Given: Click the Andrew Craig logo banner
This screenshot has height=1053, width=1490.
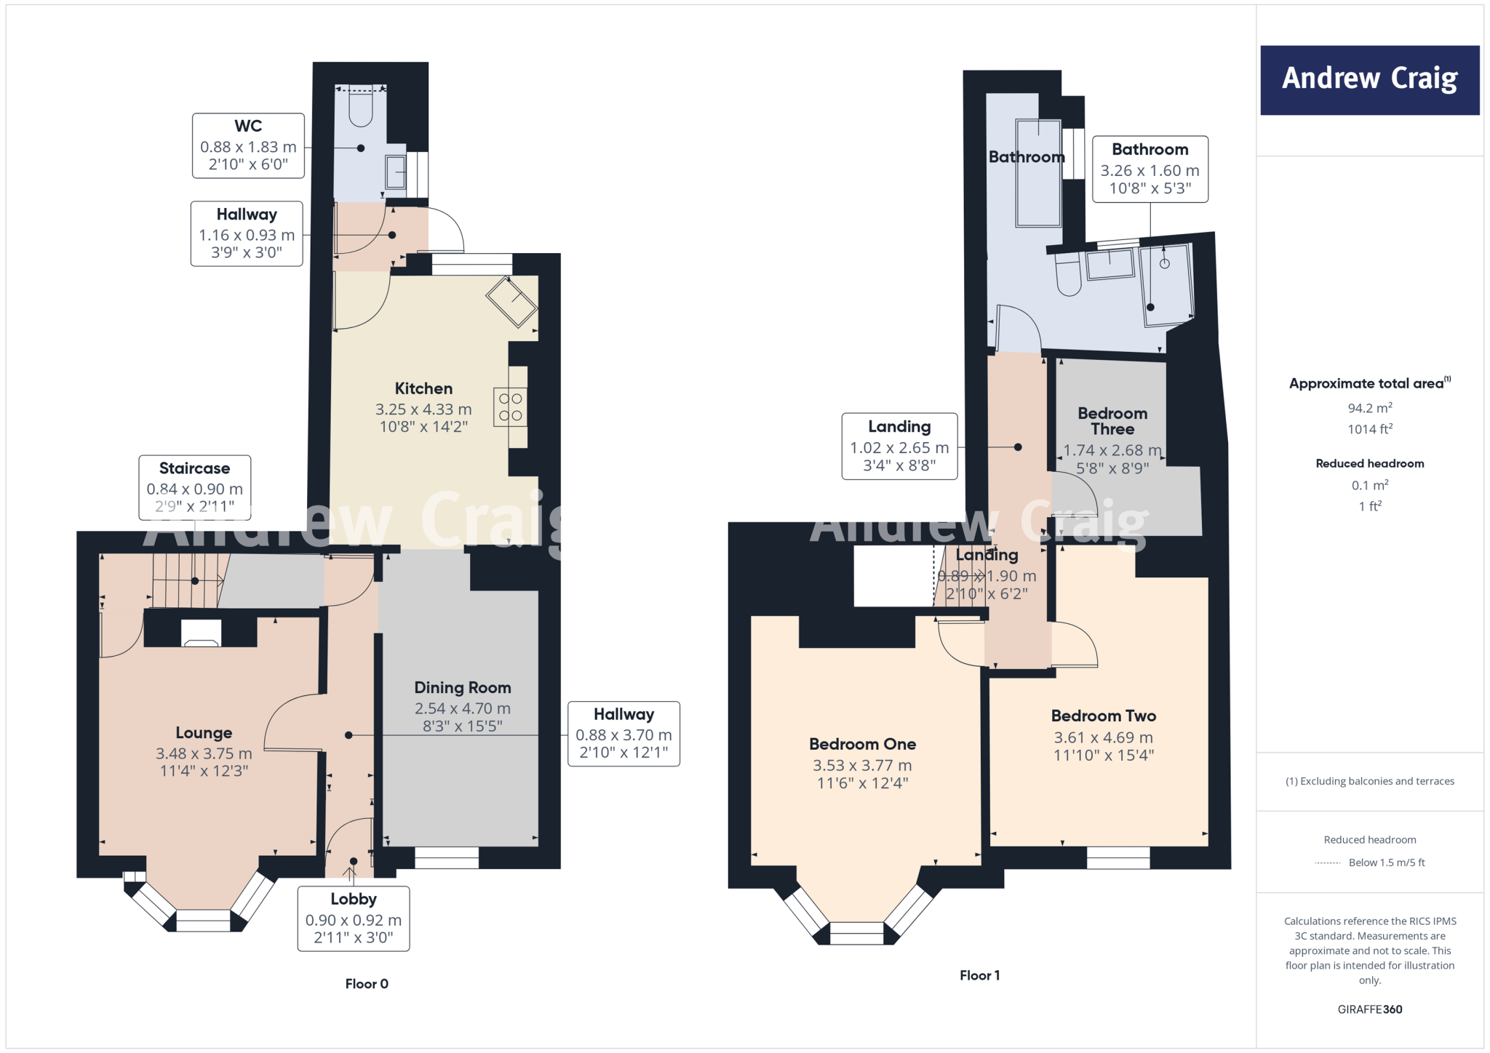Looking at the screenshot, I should [x=1369, y=80].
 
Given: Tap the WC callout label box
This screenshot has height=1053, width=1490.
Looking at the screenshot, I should [x=248, y=145].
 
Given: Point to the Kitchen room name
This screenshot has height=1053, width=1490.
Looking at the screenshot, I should [x=423, y=388].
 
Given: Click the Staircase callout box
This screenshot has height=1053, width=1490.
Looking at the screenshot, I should [x=195, y=487].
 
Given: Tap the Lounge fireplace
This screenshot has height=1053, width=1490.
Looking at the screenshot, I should [x=201, y=633].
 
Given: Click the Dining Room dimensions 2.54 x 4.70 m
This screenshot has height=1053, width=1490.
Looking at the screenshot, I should [x=463, y=708].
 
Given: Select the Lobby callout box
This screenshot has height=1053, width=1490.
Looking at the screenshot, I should [x=354, y=918].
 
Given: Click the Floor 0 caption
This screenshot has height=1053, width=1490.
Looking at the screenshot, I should [x=367, y=984].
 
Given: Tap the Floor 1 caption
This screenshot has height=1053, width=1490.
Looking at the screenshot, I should [x=979, y=976].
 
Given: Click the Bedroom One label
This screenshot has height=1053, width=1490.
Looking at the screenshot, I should [x=862, y=744].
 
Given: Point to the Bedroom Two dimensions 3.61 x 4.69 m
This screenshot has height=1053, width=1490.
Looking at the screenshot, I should [x=1103, y=737].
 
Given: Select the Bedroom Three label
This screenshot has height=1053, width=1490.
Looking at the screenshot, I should [x=1112, y=421].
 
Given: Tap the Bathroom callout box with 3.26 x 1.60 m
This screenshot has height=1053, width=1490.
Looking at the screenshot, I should [x=1150, y=169].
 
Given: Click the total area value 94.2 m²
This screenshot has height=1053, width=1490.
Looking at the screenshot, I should [x=1369, y=408].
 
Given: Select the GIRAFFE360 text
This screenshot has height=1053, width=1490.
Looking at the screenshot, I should [x=1369, y=1009].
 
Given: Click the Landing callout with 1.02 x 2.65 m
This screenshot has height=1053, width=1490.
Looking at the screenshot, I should [x=899, y=447].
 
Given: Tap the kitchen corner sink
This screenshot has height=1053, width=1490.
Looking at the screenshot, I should [x=512, y=301].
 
